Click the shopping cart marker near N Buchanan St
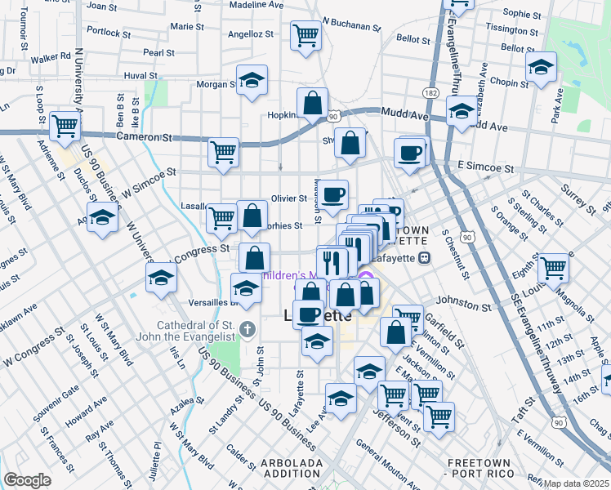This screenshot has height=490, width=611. [x=305, y=35]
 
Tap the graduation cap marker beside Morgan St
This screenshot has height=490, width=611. [x=252, y=81]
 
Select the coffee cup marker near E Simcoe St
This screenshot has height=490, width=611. [x=409, y=152]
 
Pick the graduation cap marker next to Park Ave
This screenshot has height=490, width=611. [x=540, y=68]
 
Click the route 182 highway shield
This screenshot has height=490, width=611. [x=431, y=94]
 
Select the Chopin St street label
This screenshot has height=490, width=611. [x=511, y=82]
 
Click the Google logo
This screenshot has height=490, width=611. [x=27, y=480]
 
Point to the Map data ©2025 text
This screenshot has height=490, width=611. [x=577, y=483]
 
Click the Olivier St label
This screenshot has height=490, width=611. [x=289, y=198]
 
